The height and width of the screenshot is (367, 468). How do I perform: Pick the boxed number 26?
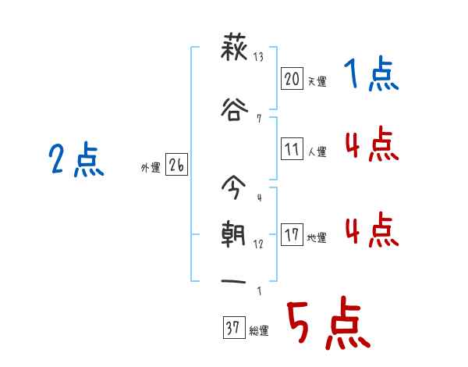(x=176, y=166)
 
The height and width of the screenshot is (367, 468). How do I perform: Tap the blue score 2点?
(x=76, y=162)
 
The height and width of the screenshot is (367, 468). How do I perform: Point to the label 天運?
(x=317, y=80)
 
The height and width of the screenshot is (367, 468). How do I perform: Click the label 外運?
(x=151, y=167)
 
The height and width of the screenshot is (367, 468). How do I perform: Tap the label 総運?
(x=259, y=331)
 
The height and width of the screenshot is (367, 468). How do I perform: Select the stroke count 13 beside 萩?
(x=258, y=57)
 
